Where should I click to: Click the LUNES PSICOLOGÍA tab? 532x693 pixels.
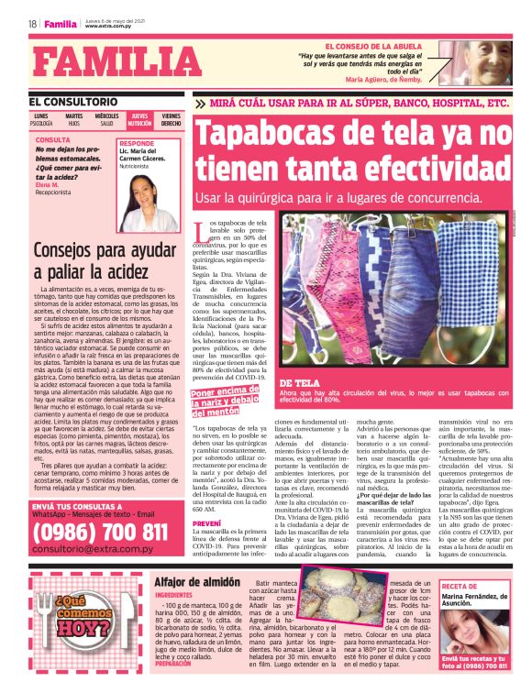[x=41, y=120]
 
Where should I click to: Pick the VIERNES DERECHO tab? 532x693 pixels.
[x=172, y=120]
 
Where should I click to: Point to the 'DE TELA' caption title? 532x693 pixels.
[x=299, y=357]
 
